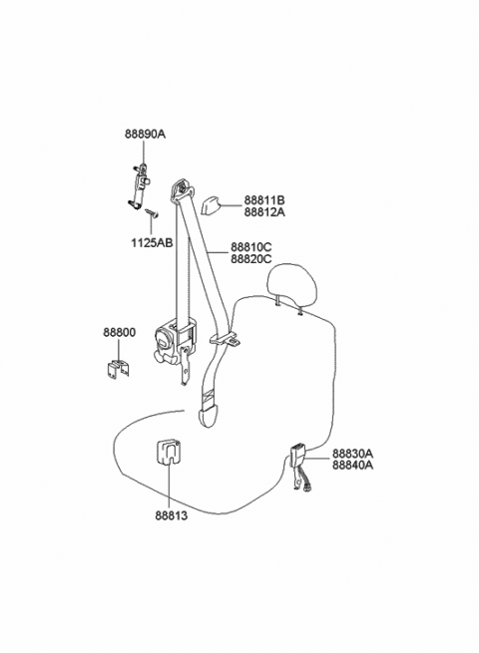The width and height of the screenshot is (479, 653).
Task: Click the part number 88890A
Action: (145, 134)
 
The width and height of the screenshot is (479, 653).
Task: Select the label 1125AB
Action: (152, 243)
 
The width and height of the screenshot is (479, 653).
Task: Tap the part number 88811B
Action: (264, 200)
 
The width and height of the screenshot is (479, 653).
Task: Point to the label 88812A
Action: (264, 212)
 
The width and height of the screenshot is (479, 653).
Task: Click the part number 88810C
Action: (251, 247)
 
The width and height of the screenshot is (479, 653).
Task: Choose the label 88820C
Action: (251, 259)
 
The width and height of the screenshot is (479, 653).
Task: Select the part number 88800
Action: (119, 332)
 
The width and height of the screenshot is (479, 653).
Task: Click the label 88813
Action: (172, 515)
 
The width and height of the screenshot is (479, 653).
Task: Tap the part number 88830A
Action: (352, 453)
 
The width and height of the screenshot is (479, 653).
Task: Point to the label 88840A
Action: (352, 465)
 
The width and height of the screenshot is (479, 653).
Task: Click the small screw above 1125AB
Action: (152, 213)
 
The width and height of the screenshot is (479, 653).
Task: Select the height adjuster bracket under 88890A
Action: (140, 185)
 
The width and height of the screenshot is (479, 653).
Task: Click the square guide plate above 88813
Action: (169, 452)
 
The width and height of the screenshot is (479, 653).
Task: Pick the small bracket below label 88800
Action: (118, 369)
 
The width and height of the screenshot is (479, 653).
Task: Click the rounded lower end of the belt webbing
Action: (209, 418)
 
